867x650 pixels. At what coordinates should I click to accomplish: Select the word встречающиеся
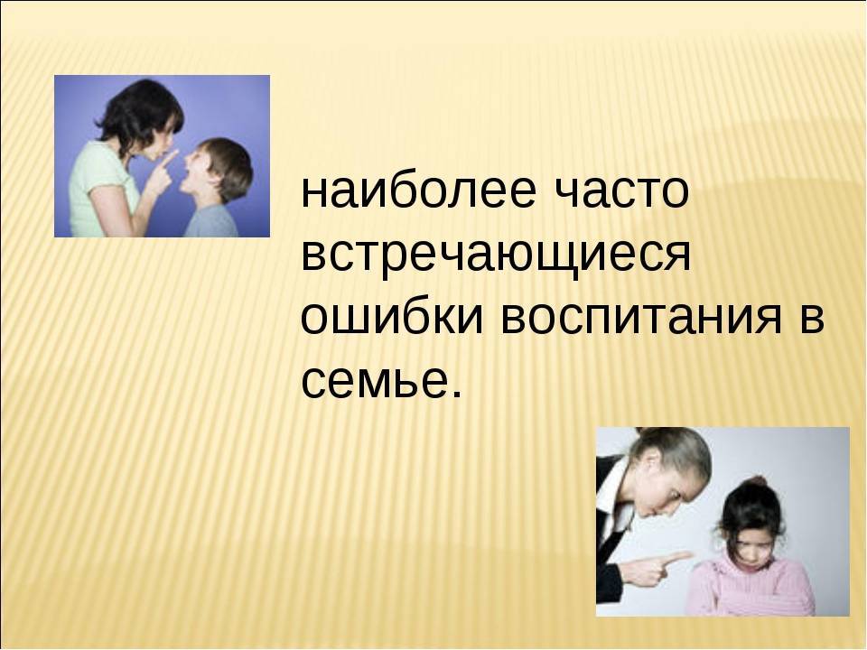(x=496, y=255)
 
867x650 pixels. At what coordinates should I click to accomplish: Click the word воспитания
(x=641, y=319)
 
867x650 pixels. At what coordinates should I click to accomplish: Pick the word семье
(x=374, y=381)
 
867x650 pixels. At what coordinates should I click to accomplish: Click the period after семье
(x=455, y=393)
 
